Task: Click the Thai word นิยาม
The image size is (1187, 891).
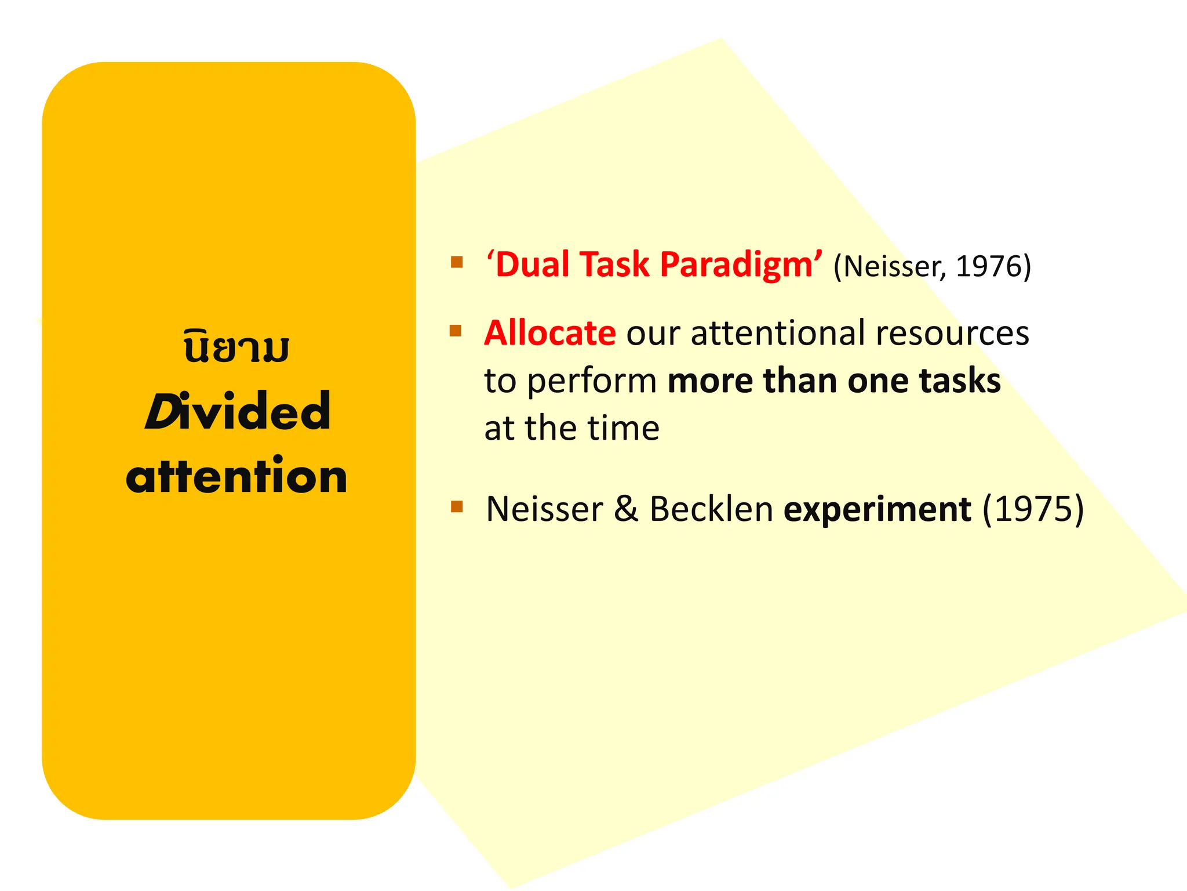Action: pos(236,347)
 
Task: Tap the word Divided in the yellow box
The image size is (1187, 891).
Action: pos(238,411)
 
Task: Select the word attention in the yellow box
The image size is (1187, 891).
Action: pos(236,477)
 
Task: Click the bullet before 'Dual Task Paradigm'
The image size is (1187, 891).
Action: pos(457,262)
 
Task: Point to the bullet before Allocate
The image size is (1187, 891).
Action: pos(456,331)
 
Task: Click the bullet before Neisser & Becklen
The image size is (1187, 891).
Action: pos(457,507)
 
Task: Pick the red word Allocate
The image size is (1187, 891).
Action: pos(549,333)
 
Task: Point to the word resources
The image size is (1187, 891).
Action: pos(952,334)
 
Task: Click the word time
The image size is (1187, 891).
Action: pos(624,429)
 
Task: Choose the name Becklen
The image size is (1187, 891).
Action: pos(711,509)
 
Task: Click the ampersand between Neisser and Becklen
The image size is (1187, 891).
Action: pos(626,509)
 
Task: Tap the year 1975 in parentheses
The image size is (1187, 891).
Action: pos(1033,509)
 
